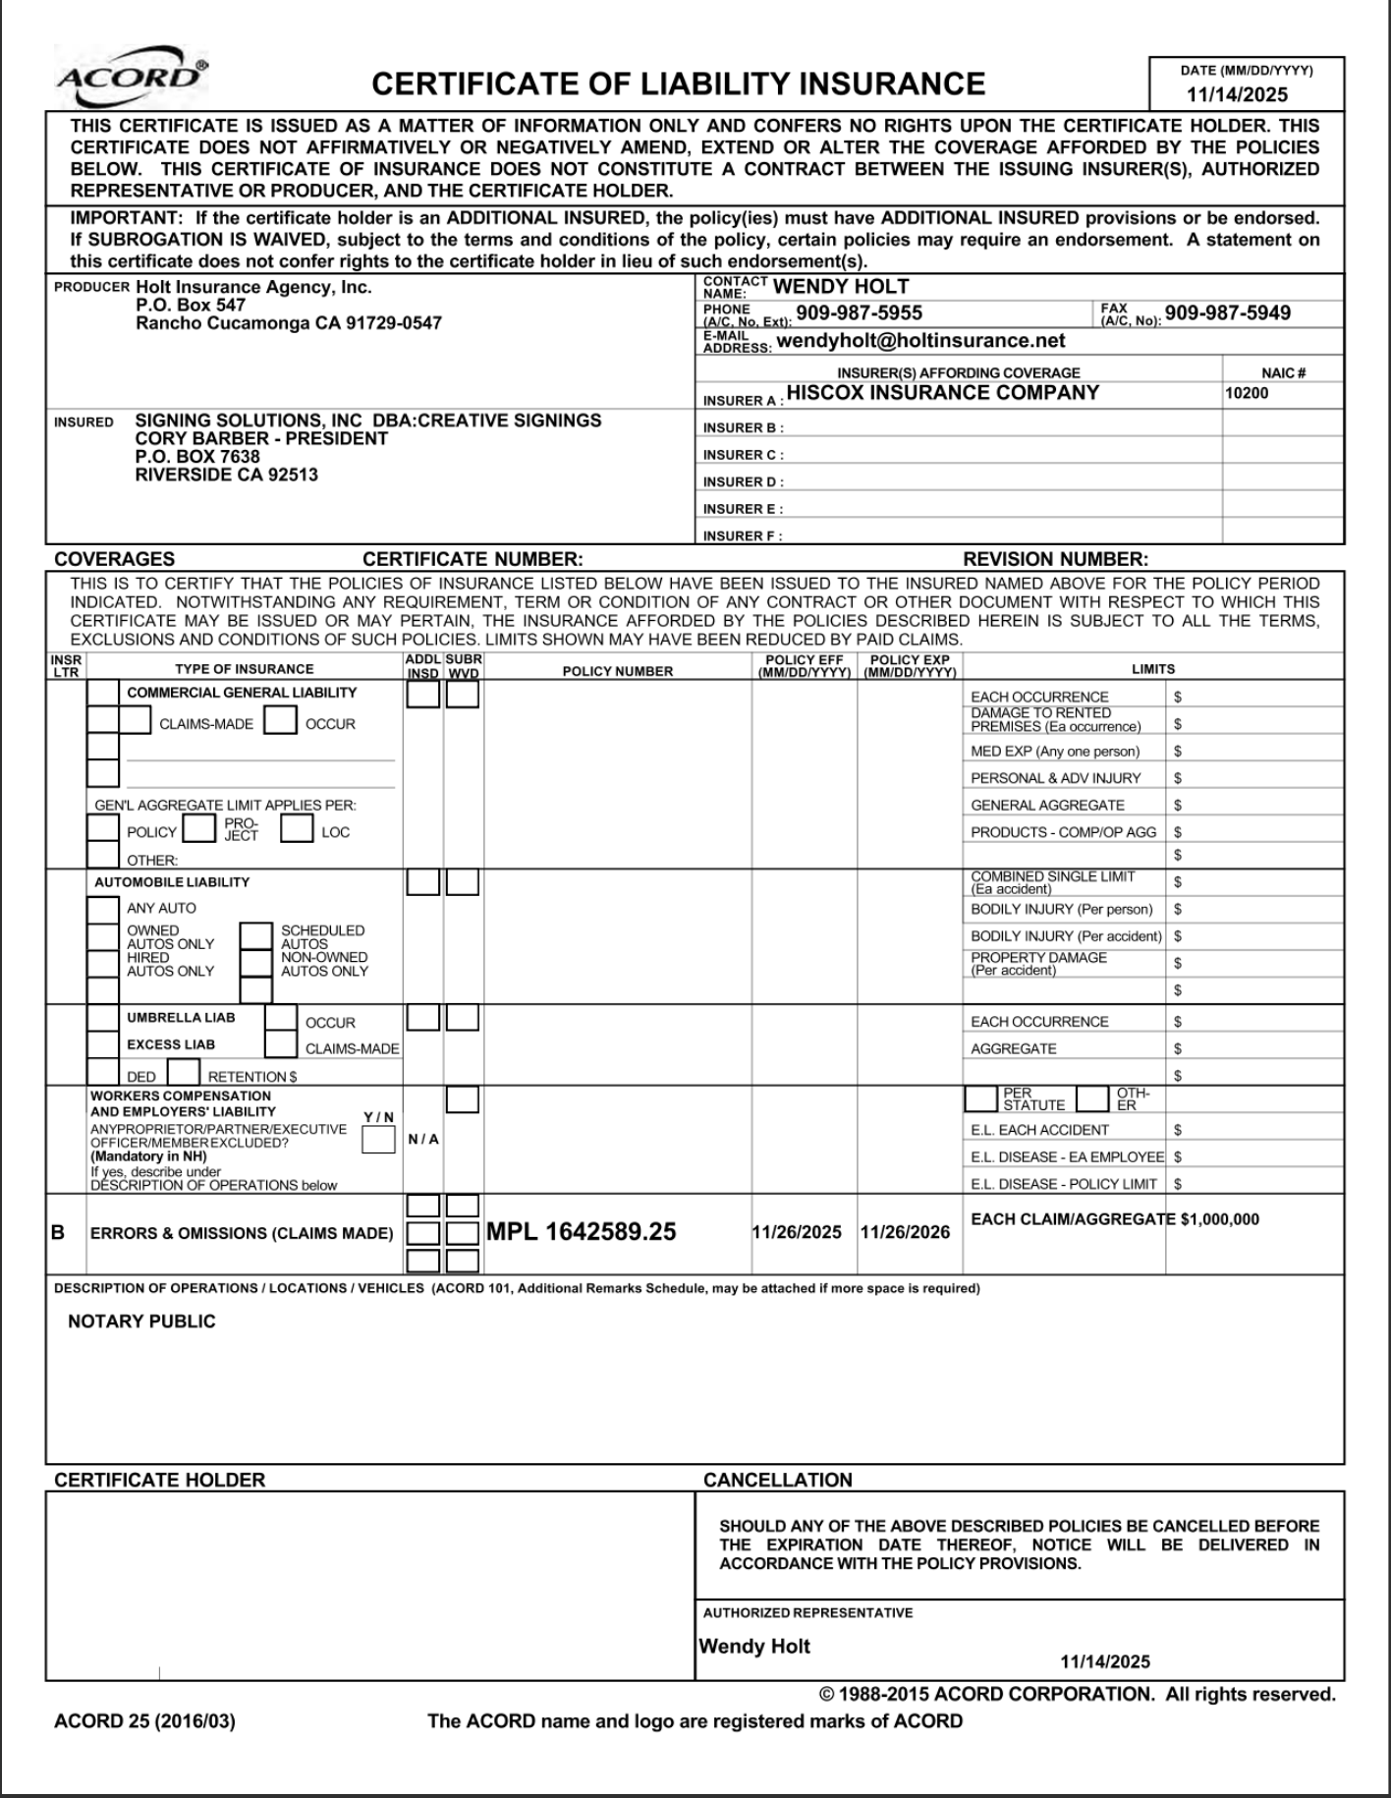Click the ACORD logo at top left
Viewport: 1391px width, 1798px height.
132,78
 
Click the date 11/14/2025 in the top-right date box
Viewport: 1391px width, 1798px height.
1237,95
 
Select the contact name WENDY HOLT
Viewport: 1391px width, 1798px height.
841,287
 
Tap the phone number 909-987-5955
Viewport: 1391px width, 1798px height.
859,313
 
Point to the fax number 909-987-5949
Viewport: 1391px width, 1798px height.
1227,313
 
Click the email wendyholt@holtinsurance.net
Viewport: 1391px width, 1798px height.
920,341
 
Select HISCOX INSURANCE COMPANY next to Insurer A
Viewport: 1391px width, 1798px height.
943,393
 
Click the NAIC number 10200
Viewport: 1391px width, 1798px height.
1247,394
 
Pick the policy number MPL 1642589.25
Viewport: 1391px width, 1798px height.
582,1232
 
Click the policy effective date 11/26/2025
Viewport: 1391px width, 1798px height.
797,1232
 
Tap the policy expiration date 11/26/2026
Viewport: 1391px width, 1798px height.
905,1232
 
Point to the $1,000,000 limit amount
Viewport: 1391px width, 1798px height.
1219,1219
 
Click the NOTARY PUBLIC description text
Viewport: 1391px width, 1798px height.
141,1321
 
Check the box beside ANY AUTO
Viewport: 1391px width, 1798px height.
102,909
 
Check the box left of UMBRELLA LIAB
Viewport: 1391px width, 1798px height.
102,1018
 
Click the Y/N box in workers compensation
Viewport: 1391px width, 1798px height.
378,1140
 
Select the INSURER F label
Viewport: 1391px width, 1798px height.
743,536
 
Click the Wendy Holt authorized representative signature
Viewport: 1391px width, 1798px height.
754,1647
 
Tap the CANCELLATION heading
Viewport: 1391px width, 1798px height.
777,1481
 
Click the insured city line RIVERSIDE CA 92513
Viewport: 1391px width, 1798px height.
226,476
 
